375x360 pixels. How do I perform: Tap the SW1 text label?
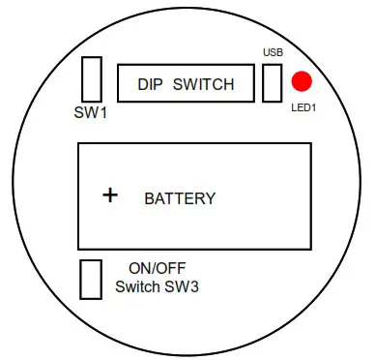(x=91, y=112)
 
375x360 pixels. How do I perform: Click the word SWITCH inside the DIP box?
(x=203, y=84)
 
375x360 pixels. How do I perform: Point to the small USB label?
(x=272, y=52)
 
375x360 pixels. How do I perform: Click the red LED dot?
(x=303, y=82)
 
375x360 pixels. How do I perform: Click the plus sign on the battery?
(x=111, y=195)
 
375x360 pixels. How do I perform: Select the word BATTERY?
(x=180, y=199)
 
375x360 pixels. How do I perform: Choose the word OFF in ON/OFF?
(x=170, y=269)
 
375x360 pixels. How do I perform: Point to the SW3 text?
(x=183, y=287)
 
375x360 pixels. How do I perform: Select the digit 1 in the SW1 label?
(x=102, y=112)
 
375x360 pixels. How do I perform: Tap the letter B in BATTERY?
(x=149, y=199)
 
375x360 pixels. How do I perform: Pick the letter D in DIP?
(x=141, y=84)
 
